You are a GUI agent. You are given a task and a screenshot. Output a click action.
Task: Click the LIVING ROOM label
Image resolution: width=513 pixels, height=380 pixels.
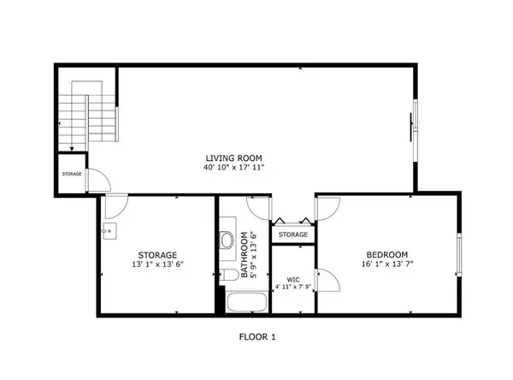pos(233,158)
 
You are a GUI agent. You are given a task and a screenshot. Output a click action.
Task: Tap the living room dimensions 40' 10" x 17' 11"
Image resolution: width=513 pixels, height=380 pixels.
pos(233,168)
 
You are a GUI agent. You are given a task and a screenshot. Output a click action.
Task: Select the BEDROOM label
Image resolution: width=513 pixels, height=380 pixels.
pos(387,254)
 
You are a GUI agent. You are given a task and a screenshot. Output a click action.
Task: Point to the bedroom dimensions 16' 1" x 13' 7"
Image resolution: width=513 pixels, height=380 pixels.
pos(387,264)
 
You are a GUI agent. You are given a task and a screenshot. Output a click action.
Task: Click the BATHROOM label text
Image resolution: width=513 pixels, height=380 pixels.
pos(244,255)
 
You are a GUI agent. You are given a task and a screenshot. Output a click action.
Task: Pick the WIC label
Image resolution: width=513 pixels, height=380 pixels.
pos(293,280)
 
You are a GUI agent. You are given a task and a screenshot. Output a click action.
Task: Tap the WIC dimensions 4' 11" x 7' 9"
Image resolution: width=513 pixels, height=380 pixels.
pos(293,288)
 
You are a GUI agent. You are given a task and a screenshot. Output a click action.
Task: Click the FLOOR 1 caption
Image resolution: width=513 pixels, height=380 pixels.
pos(257,336)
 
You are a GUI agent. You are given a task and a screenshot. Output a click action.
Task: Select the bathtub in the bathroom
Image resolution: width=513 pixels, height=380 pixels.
pos(247,303)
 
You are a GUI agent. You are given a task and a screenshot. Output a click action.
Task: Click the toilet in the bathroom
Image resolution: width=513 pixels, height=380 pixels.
pos(229,275)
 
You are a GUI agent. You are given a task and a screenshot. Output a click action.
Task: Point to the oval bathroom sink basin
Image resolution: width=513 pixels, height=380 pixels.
pos(227,240)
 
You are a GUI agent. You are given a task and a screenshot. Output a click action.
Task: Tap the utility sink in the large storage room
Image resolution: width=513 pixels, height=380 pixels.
pos(109,231)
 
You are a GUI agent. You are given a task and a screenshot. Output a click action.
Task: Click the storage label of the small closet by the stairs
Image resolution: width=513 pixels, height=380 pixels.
pos(72,174)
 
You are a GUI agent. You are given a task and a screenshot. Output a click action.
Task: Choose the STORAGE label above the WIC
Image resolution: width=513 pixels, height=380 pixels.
pos(293,235)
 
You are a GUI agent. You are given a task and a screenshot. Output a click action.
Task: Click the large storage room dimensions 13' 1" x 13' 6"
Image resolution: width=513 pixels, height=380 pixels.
pos(157,264)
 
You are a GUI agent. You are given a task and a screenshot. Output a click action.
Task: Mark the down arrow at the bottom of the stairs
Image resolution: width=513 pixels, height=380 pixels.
pos(72,150)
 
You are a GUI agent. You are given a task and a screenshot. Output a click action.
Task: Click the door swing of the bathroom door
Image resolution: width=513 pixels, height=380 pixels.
pos(259,209)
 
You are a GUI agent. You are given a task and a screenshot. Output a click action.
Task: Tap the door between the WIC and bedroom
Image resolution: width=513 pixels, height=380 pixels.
pos(327,280)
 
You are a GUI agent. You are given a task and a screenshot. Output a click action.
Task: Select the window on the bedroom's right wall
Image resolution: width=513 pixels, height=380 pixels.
pos(459,255)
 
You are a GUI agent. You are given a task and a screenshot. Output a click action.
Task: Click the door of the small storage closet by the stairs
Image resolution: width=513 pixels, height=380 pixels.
pos(99,181)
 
